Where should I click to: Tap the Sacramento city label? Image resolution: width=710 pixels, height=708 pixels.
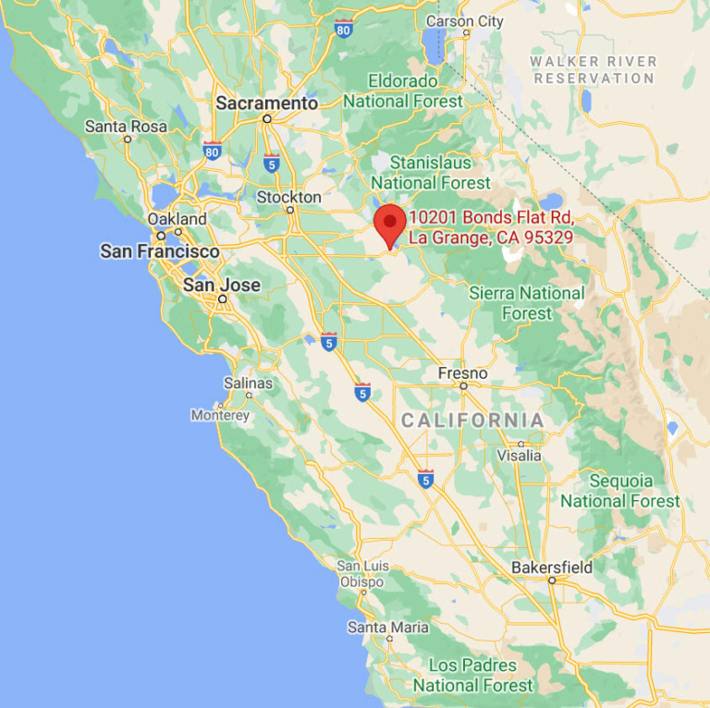tap(266, 104)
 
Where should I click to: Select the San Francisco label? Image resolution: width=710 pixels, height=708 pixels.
tap(160, 251)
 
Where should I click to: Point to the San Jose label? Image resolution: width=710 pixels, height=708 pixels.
tap(222, 285)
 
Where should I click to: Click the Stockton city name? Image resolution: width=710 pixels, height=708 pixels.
tap(289, 197)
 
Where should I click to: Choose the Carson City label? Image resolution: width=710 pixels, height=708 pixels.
tap(465, 21)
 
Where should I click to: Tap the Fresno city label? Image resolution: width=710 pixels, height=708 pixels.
tap(462, 372)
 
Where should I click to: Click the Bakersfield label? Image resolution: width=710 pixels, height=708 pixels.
tap(554, 567)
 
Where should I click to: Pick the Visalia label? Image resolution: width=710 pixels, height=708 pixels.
tap(520, 455)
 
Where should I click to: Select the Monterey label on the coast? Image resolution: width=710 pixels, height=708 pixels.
tap(220, 415)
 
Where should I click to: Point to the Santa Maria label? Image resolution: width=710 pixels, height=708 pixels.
tap(388, 628)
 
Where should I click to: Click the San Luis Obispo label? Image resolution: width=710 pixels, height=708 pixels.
tap(361, 574)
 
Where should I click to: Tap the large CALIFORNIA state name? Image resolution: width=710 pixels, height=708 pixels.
tap(472, 421)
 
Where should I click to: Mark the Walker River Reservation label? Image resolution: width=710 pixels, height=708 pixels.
tap(594, 69)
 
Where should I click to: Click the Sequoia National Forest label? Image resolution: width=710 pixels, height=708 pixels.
tap(619, 491)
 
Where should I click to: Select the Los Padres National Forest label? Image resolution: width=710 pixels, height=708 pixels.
tap(472, 676)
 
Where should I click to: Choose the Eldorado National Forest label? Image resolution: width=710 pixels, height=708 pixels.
tap(415, 91)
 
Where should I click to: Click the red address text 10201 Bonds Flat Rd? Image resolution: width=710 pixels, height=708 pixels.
tap(492, 217)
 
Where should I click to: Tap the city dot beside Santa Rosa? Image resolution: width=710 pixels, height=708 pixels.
tap(128, 140)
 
